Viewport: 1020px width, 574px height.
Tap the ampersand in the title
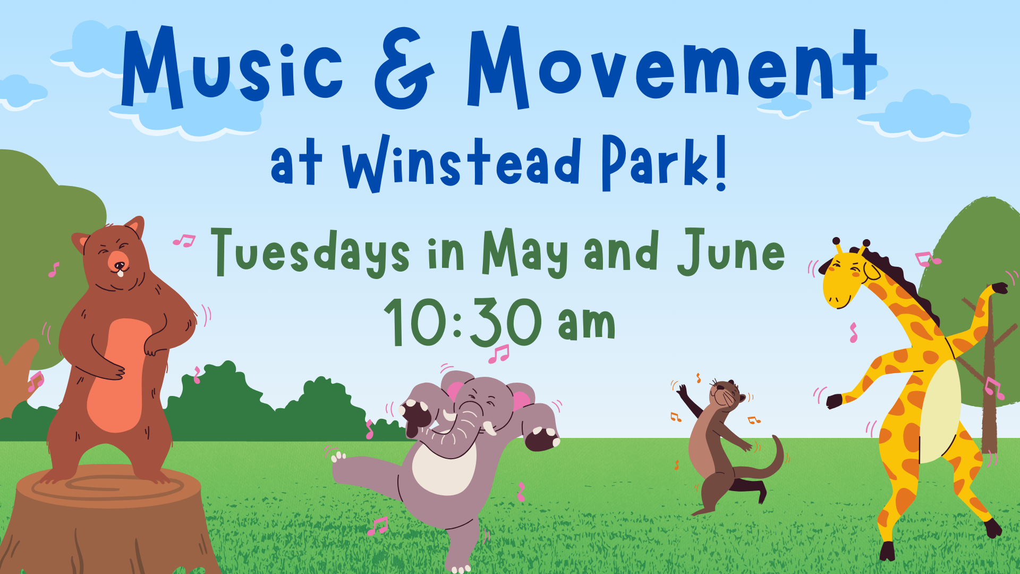click(x=405, y=68)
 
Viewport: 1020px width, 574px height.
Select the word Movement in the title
click(x=671, y=66)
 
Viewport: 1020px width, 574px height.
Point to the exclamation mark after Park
click(x=720, y=162)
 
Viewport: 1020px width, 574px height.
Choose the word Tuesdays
click(x=310, y=253)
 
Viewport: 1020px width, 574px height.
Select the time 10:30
click(x=463, y=322)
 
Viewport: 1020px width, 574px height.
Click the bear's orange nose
click(x=118, y=261)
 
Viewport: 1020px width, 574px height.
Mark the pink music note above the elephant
click(x=499, y=354)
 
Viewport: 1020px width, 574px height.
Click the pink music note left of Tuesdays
click(x=184, y=241)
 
